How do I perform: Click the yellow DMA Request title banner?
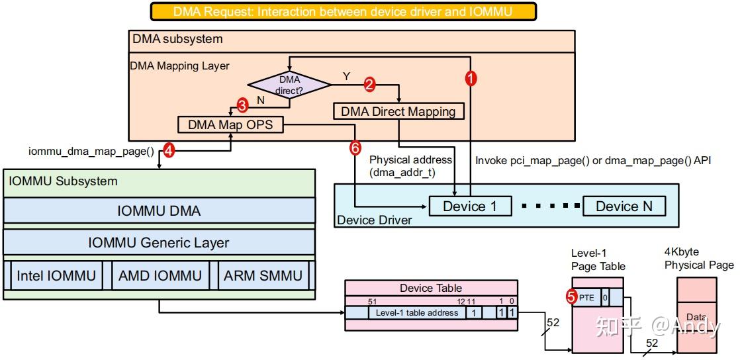342,11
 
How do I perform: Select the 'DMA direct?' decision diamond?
289,83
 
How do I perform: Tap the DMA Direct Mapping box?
398,111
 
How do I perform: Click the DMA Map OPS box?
230,124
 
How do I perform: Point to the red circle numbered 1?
471,77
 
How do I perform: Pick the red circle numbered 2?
369,84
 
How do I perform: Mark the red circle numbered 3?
242,105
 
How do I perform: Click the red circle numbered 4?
168,152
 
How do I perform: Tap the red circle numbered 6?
355,148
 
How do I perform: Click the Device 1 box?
470,206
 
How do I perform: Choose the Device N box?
624,206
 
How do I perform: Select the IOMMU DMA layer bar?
159,211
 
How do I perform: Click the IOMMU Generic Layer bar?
159,243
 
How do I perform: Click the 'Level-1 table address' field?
416,312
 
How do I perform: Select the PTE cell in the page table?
587,298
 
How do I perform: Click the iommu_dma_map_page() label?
91,152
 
